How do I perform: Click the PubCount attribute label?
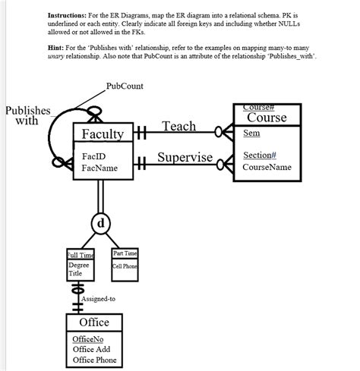(125, 86)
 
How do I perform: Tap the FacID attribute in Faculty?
(95, 157)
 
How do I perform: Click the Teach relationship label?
(179, 126)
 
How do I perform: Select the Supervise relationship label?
(185, 158)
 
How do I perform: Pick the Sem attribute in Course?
(251, 133)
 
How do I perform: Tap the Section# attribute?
(260, 156)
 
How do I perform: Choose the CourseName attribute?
(267, 167)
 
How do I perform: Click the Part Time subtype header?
(125, 253)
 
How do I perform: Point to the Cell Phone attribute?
(125, 266)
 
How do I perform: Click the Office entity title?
(94, 322)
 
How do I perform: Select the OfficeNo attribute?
(87, 338)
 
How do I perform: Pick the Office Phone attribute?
(94, 360)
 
